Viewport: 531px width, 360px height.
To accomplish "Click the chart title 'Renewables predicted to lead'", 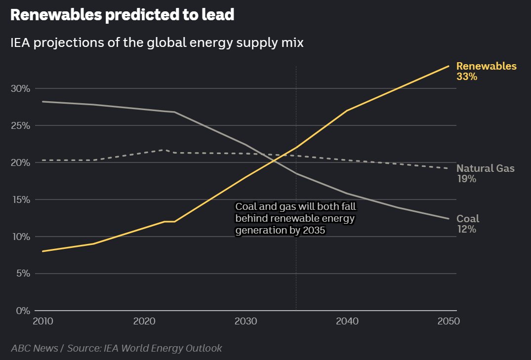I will pyautogui.click(x=122, y=15).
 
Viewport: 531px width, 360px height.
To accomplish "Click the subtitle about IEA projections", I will pyautogui.click(x=157, y=43).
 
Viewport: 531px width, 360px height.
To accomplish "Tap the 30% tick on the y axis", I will pyautogui.click(x=20, y=89).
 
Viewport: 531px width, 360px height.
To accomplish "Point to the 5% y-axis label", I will pyautogui.click(x=22, y=274).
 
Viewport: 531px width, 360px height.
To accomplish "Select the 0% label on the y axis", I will pyautogui.click(x=22, y=311).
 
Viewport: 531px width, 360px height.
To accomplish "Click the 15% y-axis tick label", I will pyautogui.click(x=20, y=200).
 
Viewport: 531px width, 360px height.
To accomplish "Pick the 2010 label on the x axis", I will pyautogui.click(x=43, y=321).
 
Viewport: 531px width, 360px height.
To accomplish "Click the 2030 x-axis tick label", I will pyautogui.click(x=246, y=321).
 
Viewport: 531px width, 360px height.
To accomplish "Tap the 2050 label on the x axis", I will pyautogui.click(x=449, y=321).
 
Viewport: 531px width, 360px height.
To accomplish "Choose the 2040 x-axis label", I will pyautogui.click(x=347, y=321).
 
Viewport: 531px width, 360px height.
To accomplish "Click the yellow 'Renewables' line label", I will pyautogui.click(x=486, y=66).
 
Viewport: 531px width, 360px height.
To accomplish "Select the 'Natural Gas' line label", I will pyautogui.click(x=485, y=168).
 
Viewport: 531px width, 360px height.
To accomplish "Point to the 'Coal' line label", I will pyautogui.click(x=467, y=219).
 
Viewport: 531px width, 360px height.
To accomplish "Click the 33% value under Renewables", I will pyautogui.click(x=467, y=77).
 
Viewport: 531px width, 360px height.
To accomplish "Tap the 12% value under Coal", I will pyautogui.click(x=466, y=229).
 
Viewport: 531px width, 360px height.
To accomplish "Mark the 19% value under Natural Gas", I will pyautogui.click(x=466, y=179).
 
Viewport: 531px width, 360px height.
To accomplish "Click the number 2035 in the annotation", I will pyautogui.click(x=315, y=231).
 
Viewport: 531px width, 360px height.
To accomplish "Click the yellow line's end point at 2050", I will pyautogui.click(x=449, y=66).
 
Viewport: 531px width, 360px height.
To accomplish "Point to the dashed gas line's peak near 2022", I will pyautogui.click(x=164, y=150).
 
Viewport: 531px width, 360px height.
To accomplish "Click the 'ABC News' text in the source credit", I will pyautogui.click(x=34, y=348).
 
